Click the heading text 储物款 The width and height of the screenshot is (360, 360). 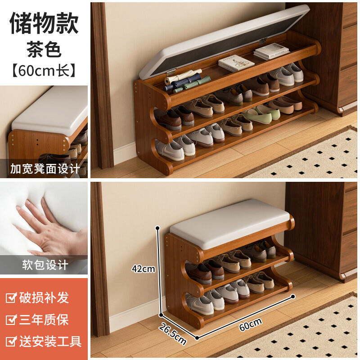coord(44,23)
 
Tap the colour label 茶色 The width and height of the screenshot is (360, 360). coord(44,49)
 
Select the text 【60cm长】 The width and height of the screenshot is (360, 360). coord(44,71)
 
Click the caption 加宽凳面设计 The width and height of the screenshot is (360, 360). coord(45,169)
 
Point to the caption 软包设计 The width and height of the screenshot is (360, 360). coord(45,265)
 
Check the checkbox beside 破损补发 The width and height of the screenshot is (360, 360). coord(11,298)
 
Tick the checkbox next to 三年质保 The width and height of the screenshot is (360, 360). coord(11,319)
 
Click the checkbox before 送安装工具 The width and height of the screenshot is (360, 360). coord(11,341)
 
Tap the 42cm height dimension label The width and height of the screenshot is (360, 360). coord(143,269)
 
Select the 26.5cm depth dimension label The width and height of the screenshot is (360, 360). coord(173,334)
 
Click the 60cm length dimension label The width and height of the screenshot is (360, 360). coord(250,324)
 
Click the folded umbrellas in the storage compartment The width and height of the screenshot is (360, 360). coord(186,81)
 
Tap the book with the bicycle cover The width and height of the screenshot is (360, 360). coord(236,63)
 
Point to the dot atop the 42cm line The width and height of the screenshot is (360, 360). coord(157,228)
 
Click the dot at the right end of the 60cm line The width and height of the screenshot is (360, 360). coord(293,297)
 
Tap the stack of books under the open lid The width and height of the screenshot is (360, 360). coord(271,51)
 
